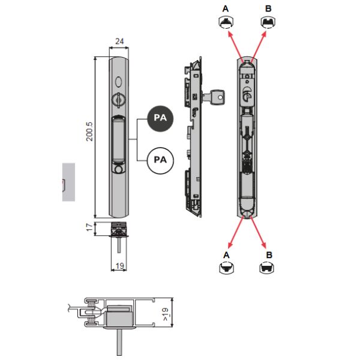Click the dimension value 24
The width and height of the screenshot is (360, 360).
point(119,41)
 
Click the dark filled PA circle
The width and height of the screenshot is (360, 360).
point(160,118)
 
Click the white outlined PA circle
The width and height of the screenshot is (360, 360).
point(160,160)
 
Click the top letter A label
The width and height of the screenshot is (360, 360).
point(226,8)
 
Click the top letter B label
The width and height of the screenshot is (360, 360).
point(268,8)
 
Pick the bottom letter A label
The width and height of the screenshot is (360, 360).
point(226,255)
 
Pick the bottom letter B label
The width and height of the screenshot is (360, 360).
point(269,255)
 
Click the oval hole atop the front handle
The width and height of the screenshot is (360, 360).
point(119,81)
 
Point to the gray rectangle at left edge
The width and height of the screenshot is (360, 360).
point(69,181)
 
